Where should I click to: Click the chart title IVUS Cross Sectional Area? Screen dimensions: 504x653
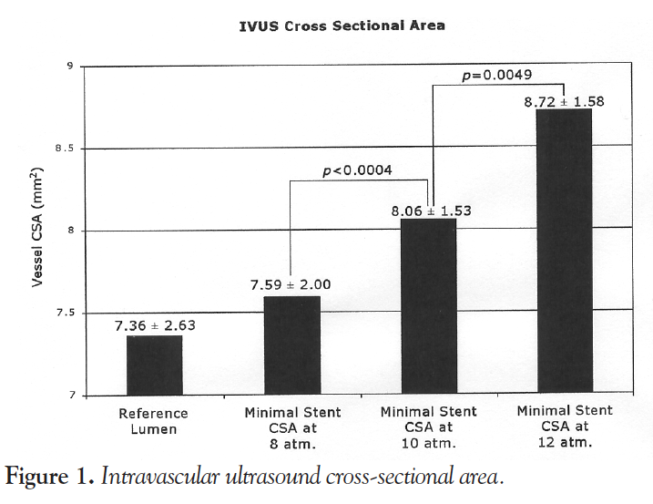pos(342,26)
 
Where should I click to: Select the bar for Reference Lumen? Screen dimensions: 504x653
pos(154,365)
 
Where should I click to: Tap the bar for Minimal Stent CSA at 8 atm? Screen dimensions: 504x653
pos(292,345)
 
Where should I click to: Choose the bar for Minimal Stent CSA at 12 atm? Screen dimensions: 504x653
pos(564,252)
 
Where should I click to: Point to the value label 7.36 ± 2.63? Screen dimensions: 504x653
pos(154,325)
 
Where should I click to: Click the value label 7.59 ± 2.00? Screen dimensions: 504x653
pos(291,285)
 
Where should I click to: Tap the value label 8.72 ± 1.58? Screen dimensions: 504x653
pos(564,101)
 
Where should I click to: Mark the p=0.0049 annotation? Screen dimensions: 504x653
pos(497,75)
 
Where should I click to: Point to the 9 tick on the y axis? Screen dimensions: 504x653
pos(69,67)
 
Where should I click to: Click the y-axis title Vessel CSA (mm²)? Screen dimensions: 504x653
pos(38,228)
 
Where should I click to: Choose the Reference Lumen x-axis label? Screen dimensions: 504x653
pos(153,420)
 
